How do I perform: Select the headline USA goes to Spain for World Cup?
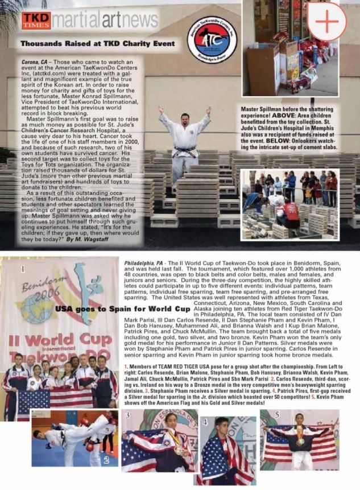(122, 309)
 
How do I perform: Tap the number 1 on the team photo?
(22, 267)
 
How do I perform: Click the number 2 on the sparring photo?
(105, 460)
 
